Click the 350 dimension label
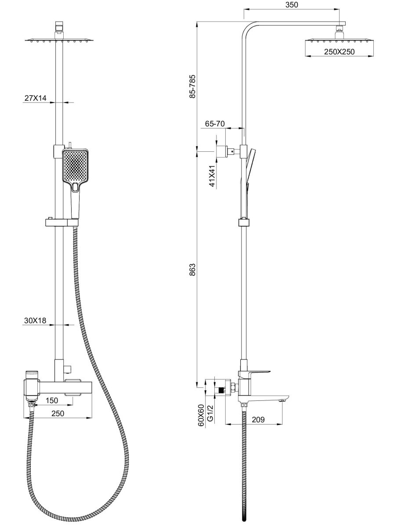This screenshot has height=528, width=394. point(292,4)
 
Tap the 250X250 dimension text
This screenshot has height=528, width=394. point(339,52)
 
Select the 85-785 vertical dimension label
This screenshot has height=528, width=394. point(193,87)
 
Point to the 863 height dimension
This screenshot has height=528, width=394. point(193,269)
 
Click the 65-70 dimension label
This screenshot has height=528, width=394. point(215,124)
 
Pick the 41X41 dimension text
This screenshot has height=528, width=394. point(213,176)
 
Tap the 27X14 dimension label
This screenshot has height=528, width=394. point(36,98)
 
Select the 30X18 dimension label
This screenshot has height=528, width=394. point(35,320)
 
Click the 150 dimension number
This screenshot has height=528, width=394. point(52,400)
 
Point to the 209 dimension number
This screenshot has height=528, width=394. point(258,419)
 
